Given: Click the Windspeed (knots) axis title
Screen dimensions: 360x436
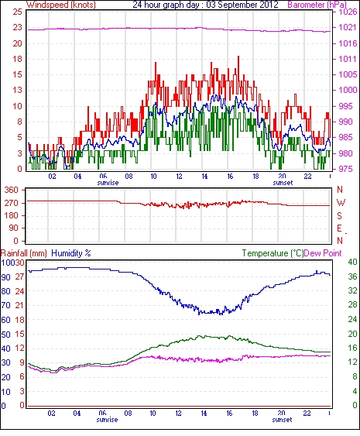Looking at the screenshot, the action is (x=61, y=5).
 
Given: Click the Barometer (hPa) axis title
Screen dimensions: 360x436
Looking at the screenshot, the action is (x=317, y=5).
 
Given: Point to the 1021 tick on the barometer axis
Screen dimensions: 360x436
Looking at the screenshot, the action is (x=348, y=27).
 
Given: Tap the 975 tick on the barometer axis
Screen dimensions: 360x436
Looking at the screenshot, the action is (x=348, y=169).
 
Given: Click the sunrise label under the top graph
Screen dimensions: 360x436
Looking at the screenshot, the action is (x=108, y=183).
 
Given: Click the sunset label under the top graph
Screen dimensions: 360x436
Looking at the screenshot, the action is (x=283, y=183).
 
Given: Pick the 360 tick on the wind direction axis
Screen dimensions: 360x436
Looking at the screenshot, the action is (x=12, y=190).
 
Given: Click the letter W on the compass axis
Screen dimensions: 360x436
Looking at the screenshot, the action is (x=341, y=202).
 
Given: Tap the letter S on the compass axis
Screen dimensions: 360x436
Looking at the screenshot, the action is (x=339, y=215).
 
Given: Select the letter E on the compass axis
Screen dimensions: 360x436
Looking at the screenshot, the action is (x=339, y=228).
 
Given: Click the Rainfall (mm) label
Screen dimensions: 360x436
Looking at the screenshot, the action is (x=24, y=253).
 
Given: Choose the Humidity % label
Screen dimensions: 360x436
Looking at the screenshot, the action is (x=71, y=253).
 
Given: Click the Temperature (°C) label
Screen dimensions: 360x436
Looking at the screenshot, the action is (x=273, y=253).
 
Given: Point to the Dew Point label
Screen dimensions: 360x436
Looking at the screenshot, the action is (x=323, y=253).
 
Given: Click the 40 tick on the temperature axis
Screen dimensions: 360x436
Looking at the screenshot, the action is (x=352, y=262).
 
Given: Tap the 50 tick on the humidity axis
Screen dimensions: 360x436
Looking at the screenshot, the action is (x=6, y=335).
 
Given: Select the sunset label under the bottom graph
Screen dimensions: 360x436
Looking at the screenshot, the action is (x=282, y=420).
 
